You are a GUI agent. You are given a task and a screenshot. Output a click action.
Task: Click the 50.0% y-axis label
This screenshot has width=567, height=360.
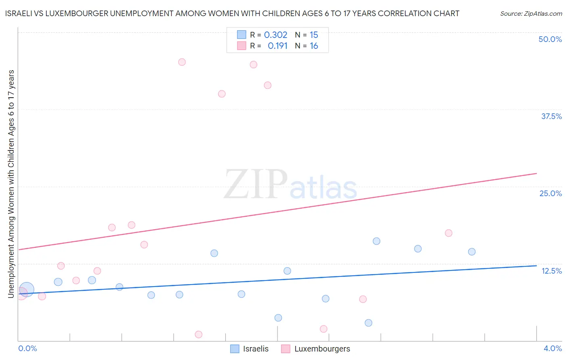(x=550, y=39)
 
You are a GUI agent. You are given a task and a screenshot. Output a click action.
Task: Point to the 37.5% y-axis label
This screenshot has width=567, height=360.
(x=551, y=116)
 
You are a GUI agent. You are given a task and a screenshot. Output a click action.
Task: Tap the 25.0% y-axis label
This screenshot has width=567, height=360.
(x=550, y=193)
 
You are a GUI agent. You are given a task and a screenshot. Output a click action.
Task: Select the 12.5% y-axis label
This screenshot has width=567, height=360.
(x=551, y=271)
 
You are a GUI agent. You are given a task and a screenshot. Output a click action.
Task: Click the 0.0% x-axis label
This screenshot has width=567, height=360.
(x=27, y=348)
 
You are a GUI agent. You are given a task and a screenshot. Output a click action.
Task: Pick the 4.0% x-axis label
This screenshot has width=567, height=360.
(x=552, y=348)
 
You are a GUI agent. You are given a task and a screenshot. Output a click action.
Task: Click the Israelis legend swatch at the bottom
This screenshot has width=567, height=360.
(x=235, y=349)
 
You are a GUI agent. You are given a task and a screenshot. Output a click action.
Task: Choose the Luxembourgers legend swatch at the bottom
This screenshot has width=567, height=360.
(x=286, y=349)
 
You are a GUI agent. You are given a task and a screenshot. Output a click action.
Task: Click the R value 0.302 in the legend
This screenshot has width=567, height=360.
(x=275, y=35)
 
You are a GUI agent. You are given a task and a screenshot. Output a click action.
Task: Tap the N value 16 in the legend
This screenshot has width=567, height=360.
(x=314, y=46)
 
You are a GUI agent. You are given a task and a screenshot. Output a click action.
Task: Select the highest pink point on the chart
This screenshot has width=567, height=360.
(x=182, y=62)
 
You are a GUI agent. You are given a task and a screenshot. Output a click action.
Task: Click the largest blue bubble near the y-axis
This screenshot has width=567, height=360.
(x=27, y=289)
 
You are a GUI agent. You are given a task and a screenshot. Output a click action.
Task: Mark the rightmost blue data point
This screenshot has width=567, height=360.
(x=472, y=252)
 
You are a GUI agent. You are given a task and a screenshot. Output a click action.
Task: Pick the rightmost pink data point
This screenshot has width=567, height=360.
(x=448, y=233)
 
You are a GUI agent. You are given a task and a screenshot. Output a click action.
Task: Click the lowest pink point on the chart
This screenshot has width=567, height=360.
(x=198, y=335)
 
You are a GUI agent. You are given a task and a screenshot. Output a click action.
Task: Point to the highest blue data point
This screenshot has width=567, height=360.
(x=377, y=241)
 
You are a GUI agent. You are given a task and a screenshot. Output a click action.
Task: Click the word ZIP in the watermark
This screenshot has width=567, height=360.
(x=256, y=184)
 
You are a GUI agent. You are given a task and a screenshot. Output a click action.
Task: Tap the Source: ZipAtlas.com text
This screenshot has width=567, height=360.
(x=531, y=14)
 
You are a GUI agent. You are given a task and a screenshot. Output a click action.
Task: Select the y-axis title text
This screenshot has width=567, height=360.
(x=11, y=184)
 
